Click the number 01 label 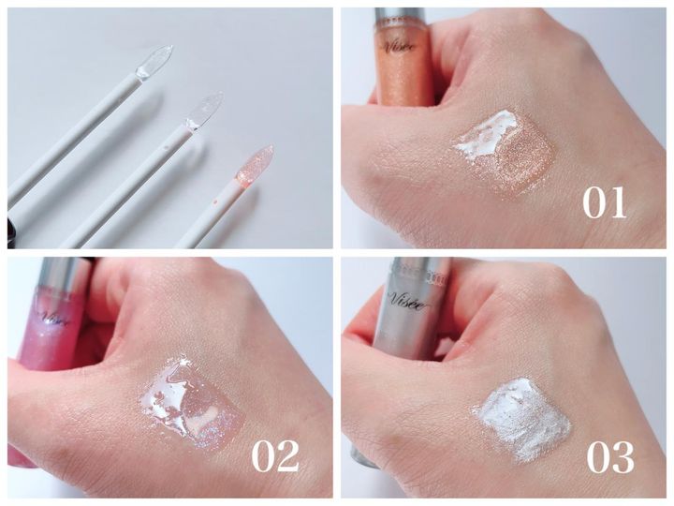click(604, 202)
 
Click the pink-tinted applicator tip click(255, 168)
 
